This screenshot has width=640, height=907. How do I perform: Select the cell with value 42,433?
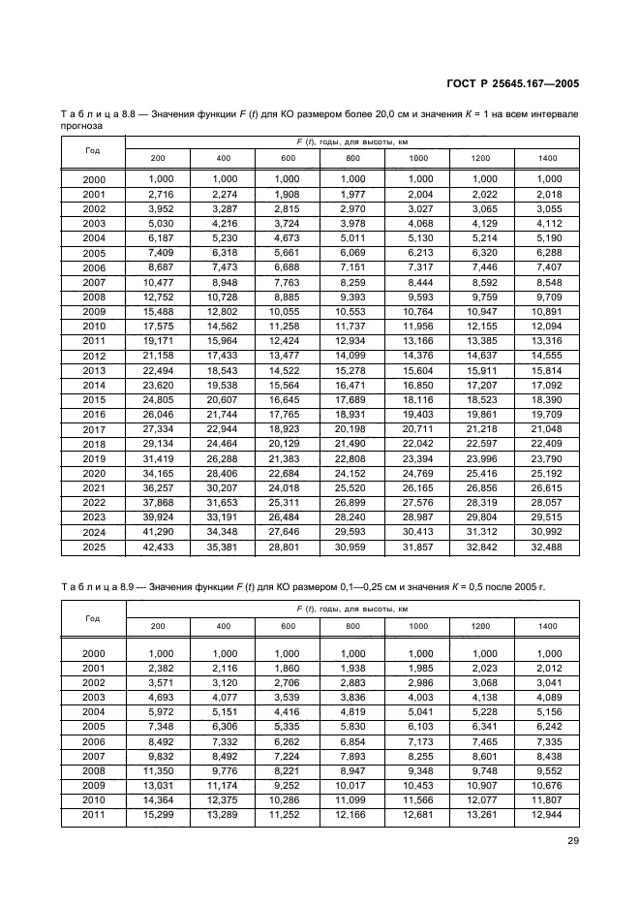click(x=158, y=547)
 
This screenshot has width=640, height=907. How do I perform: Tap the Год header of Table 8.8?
click(x=93, y=149)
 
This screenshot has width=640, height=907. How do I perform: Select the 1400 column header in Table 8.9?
click(x=548, y=626)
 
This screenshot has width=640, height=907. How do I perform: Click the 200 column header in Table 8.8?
click(x=158, y=157)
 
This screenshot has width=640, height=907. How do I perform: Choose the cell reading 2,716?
click(x=158, y=194)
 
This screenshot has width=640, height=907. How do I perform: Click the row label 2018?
click(x=94, y=443)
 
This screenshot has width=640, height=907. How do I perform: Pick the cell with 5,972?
click(x=158, y=714)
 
